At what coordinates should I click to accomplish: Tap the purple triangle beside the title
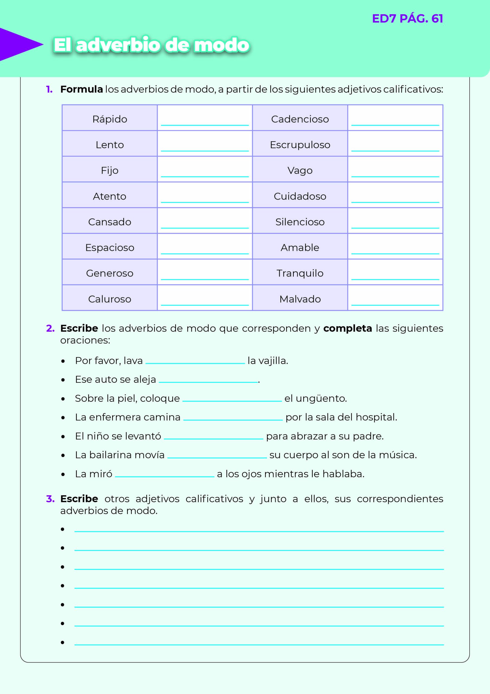[x=18, y=45]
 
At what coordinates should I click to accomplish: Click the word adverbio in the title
[x=118, y=45]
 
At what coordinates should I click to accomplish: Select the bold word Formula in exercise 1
[x=81, y=89]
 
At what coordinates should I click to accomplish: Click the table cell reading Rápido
[x=110, y=119]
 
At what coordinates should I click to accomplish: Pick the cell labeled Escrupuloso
[x=300, y=145]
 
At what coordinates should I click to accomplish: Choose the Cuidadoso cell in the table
[x=300, y=196]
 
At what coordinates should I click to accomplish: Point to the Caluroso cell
[x=110, y=299]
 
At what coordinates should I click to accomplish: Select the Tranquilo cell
[x=300, y=273]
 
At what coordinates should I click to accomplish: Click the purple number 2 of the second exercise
[x=50, y=328]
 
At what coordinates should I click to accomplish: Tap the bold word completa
[x=348, y=328]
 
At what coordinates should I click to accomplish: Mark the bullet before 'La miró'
[x=63, y=474]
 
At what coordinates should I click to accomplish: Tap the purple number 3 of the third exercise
[x=50, y=499]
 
